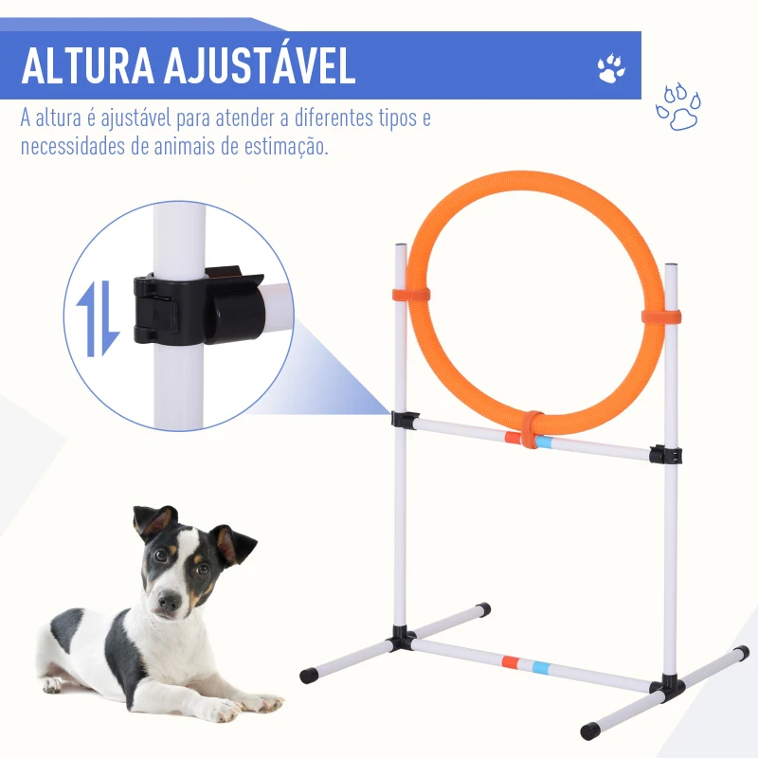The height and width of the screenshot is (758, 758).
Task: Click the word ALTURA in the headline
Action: (x=85, y=65)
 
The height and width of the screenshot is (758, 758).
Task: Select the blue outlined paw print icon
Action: (x=677, y=107)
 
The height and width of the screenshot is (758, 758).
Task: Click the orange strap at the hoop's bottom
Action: (x=532, y=429)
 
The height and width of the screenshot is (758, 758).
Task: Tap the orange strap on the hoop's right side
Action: (x=660, y=316)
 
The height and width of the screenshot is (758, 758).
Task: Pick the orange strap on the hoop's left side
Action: (x=412, y=295)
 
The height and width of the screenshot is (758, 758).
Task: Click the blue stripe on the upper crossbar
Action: (x=545, y=442)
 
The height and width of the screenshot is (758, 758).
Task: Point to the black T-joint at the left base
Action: (x=402, y=641)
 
